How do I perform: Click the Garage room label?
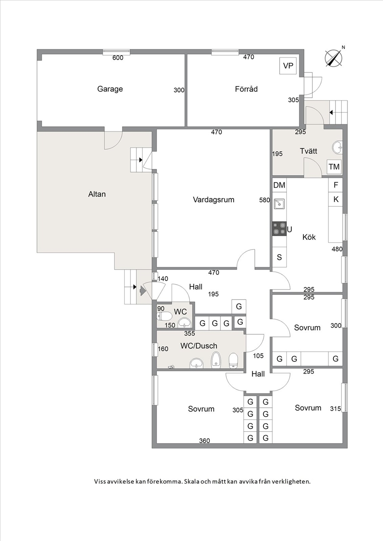[110, 89]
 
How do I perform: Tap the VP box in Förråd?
[288, 66]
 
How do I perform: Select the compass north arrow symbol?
[334, 58]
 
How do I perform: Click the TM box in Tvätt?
[334, 167]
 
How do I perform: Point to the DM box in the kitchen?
[279, 185]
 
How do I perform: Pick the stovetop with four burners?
[279, 229]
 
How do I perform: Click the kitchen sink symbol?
[279, 204]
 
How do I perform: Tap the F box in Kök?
[336, 185]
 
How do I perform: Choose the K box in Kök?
[336, 199]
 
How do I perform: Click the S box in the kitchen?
[279, 257]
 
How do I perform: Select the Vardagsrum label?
[214, 200]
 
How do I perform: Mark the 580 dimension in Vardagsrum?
[264, 200]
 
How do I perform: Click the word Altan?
[97, 194]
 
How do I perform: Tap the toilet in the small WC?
[164, 316]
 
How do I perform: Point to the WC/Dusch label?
[199, 346]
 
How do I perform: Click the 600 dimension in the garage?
[118, 58]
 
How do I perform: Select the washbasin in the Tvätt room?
[337, 147]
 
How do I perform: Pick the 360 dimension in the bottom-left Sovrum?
[204, 441]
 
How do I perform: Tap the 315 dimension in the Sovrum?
[336, 409]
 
